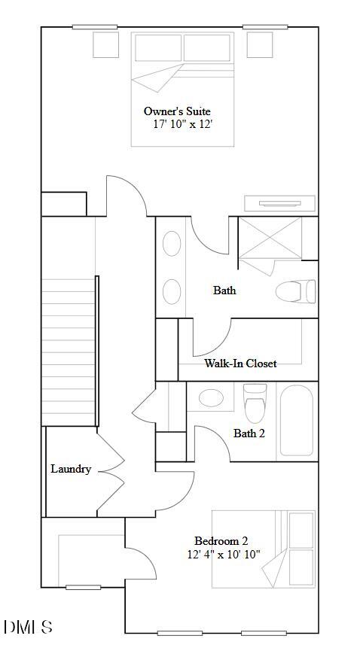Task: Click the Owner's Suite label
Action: [178, 111]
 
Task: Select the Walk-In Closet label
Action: [240, 363]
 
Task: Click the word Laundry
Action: [71, 469]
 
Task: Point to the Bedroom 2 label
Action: [221, 540]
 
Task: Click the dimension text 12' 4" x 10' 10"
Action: [224, 555]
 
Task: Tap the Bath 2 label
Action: [249, 433]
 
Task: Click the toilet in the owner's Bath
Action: [294, 290]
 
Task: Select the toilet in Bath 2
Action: [255, 403]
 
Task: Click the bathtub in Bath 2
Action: [296, 421]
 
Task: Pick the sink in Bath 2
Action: [211, 397]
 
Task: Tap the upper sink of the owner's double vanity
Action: [172, 245]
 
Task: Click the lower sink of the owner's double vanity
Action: [172, 291]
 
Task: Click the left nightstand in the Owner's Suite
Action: [107, 45]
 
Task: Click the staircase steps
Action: [69, 350]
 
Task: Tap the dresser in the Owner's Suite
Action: [279, 203]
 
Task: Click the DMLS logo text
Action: [28, 627]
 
